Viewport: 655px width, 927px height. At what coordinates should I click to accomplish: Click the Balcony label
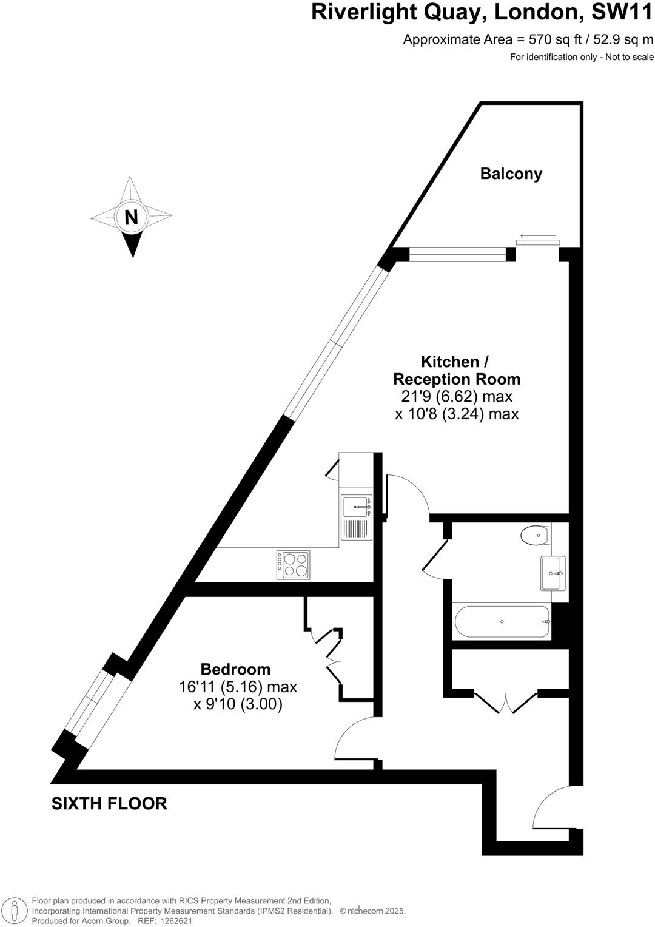click(511, 174)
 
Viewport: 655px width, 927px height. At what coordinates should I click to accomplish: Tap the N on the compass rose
click(131, 217)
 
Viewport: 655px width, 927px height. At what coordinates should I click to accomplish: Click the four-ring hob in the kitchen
click(294, 565)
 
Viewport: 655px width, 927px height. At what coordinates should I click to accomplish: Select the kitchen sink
click(355, 505)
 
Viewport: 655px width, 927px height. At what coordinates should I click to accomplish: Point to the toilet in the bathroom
click(534, 536)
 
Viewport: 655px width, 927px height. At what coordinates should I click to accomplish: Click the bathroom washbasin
click(553, 573)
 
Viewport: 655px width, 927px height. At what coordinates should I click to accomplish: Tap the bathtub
click(502, 621)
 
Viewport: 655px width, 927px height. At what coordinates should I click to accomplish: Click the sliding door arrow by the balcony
click(538, 235)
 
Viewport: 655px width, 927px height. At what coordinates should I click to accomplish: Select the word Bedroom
click(235, 669)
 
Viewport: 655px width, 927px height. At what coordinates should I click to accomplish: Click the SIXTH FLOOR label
click(109, 803)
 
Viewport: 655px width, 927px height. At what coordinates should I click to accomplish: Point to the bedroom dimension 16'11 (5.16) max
click(238, 687)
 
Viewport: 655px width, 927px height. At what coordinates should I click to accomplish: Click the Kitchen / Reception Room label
click(456, 370)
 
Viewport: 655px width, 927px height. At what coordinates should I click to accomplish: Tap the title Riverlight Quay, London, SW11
click(482, 12)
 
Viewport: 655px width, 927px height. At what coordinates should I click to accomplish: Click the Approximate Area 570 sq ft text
click(528, 40)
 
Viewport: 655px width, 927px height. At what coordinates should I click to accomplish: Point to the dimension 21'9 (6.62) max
click(456, 397)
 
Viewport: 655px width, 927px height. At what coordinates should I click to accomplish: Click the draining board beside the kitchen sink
click(355, 529)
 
